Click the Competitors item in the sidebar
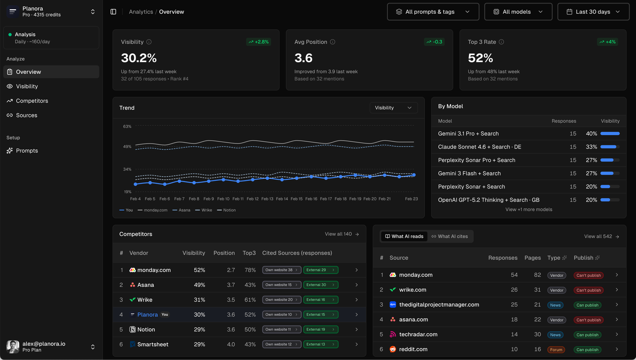tap(32, 101)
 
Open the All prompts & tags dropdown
tap(433, 12)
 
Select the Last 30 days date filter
tap(593, 12)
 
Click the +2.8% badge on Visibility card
tap(258, 42)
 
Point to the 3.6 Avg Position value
tap(303, 58)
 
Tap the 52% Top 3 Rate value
tap(480, 58)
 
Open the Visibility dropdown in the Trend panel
tap(393, 108)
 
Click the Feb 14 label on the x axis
tap(282, 199)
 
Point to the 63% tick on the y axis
tap(127, 126)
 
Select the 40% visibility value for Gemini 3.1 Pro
tap(591, 133)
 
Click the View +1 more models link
tap(529, 209)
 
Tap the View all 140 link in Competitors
tap(342, 234)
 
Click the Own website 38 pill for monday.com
tap(281, 270)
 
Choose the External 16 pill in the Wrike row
tap(320, 299)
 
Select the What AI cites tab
tap(450, 236)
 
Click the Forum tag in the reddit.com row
tap(556, 349)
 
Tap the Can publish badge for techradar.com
tap(587, 335)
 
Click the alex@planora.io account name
tap(44, 344)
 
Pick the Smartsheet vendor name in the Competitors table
tap(153, 344)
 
